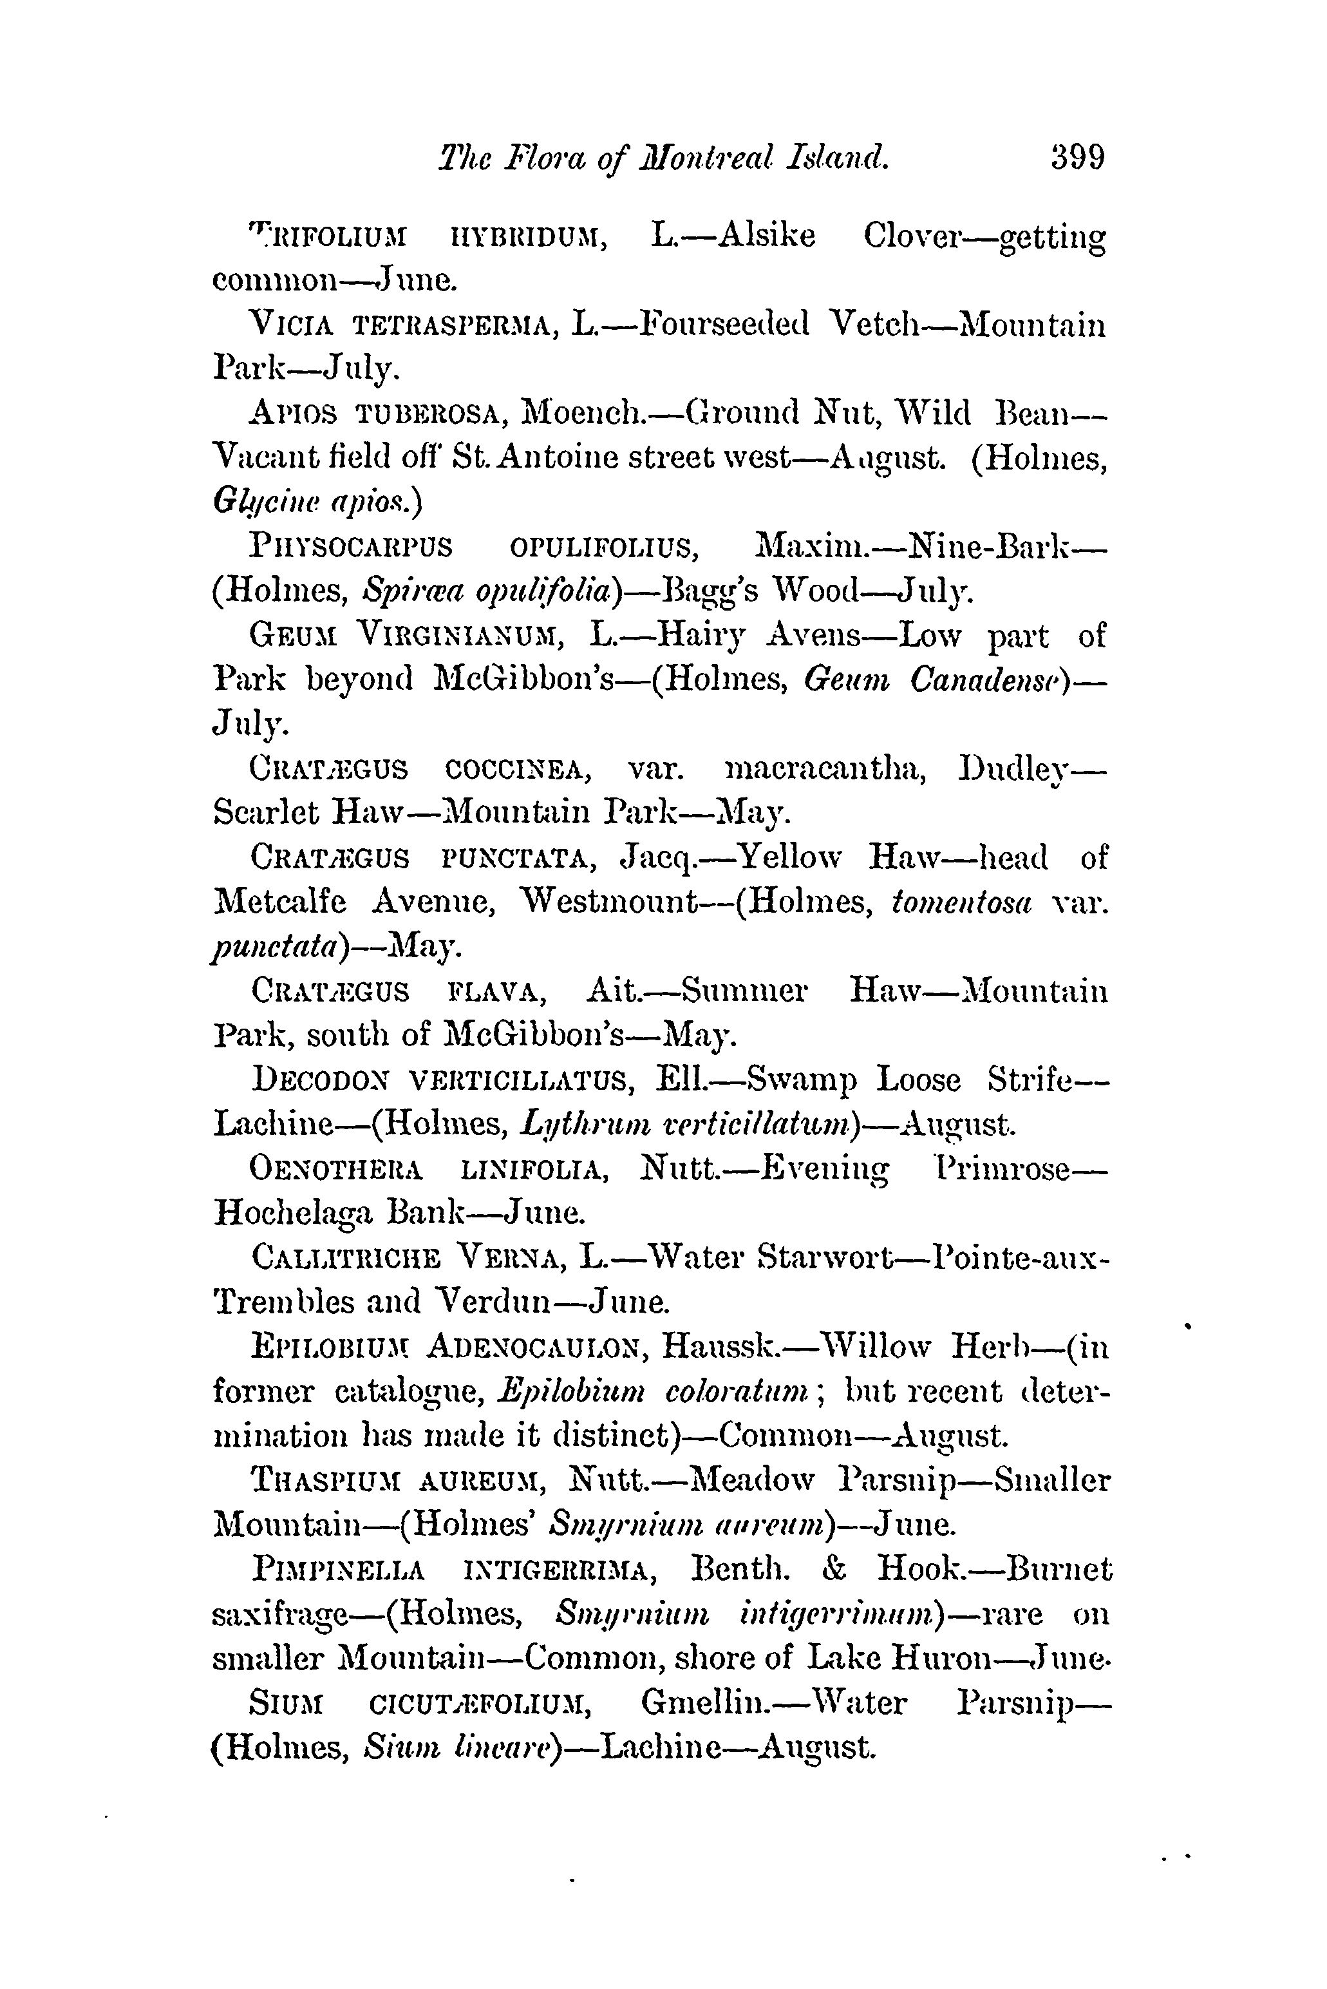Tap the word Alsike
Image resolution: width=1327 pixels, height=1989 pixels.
pos(766,235)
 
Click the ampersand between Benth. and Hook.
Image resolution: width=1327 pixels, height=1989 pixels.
pos(834,1569)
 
